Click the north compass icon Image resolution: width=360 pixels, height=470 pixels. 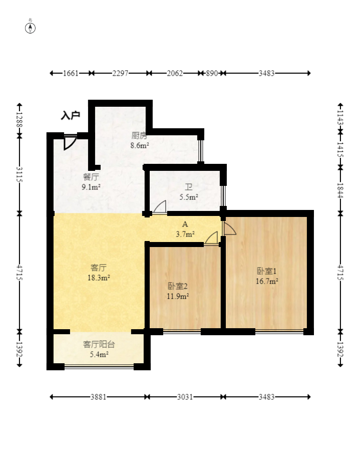click(31, 27)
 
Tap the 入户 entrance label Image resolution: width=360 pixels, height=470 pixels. click(71, 116)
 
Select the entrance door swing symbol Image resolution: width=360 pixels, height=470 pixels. click(70, 142)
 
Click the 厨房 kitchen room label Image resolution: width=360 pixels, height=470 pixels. click(139, 136)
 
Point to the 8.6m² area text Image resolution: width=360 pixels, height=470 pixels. click(140, 146)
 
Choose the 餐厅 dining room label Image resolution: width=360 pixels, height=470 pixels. click(91, 177)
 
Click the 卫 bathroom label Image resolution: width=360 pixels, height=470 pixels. click(189, 187)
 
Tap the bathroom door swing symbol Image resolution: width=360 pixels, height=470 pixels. click(160, 207)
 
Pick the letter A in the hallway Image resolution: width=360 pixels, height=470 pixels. click(185, 224)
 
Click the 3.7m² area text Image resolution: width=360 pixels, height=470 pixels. click(185, 233)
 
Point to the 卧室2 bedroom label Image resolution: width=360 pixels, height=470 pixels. click(177, 286)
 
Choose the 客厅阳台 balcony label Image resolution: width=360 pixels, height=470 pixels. click(99, 344)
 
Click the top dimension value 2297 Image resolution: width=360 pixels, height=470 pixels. click(120, 73)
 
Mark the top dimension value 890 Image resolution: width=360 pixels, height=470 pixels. click(212, 73)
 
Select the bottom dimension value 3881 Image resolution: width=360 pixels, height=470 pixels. click(98, 397)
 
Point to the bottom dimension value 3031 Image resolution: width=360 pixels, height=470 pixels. click(185, 397)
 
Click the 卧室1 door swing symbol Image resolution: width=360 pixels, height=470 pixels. click(229, 229)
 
